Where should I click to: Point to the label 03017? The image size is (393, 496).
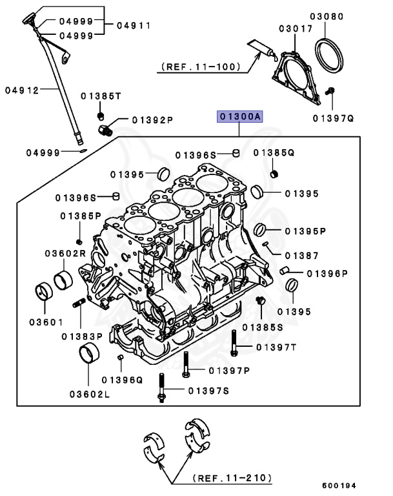(x=295, y=29)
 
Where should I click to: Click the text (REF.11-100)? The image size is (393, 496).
(x=199, y=66)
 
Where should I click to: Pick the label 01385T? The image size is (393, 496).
(x=101, y=96)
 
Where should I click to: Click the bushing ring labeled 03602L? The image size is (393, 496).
(x=88, y=355)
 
